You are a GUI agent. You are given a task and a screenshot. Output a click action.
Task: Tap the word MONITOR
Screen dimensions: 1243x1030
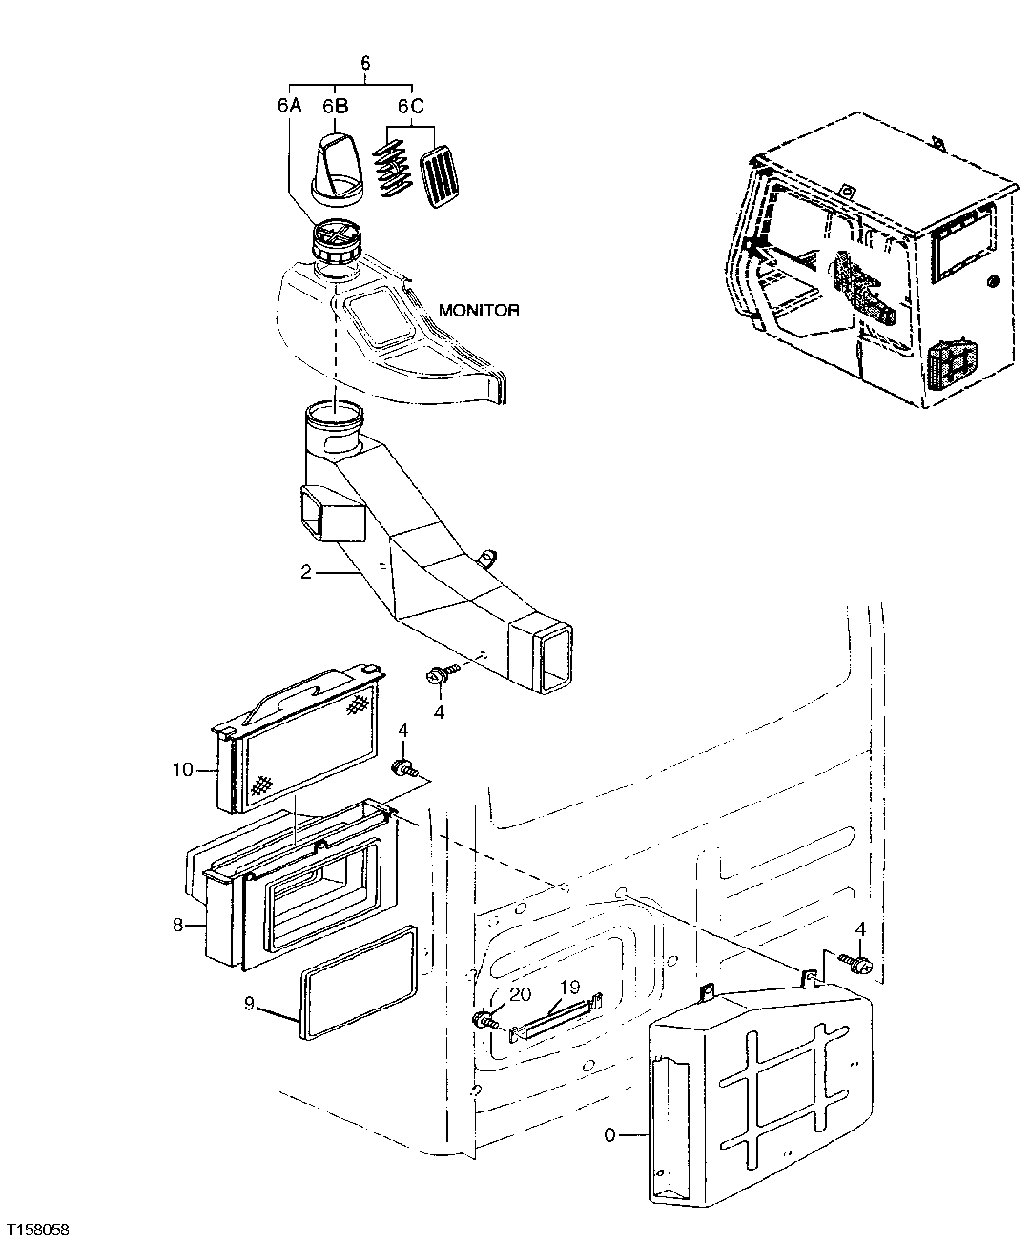click(479, 310)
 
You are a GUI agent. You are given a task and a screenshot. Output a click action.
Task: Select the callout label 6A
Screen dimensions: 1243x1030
click(289, 106)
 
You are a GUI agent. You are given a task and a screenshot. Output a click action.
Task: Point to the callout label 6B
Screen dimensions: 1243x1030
click(334, 106)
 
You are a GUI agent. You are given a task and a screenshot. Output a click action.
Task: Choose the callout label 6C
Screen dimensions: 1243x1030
click(410, 106)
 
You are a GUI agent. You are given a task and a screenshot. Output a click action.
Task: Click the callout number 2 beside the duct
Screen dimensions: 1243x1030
click(305, 573)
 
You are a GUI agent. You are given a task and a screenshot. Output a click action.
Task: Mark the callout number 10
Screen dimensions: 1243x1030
click(182, 768)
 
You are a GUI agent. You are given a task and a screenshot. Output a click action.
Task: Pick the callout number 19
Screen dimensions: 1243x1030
click(570, 988)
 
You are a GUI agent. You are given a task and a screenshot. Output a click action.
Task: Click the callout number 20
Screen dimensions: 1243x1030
click(520, 994)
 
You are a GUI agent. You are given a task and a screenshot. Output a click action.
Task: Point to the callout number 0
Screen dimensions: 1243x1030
click(610, 1135)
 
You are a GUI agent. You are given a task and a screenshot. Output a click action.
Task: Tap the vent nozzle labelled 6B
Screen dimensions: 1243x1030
click(338, 168)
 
